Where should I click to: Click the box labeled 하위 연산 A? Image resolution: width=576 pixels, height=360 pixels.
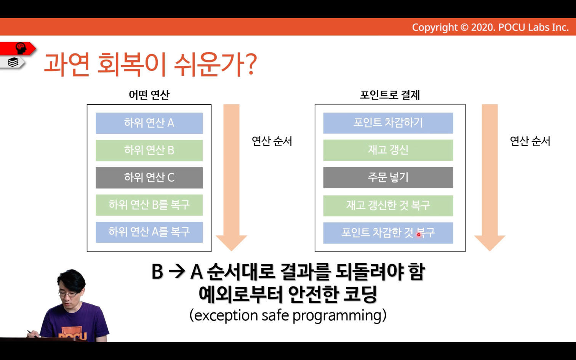(149, 123)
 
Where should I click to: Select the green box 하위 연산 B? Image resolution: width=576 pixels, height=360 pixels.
(149, 150)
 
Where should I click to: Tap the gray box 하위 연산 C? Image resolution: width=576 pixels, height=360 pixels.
(149, 178)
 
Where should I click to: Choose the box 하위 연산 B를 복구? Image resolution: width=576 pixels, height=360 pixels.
(149, 205)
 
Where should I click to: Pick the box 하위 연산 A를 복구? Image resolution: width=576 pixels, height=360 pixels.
(149, 232)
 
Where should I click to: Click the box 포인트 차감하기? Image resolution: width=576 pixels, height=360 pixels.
(388, 123)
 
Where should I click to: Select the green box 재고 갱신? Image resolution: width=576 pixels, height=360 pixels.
(388, 150)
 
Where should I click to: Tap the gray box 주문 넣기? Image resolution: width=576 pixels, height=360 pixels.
(388, 178)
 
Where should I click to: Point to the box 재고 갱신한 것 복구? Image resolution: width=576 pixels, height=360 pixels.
(388, 206)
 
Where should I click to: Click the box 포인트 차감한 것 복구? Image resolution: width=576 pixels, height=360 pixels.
(388, 233)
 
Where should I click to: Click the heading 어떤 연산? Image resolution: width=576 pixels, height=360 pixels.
(149, 95)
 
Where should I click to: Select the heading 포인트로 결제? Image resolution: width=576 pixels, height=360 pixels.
(390, 95)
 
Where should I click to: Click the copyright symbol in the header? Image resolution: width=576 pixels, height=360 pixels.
(464, 27)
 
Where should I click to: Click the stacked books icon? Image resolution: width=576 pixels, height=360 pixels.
(13, 62)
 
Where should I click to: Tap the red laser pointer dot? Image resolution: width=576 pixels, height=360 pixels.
(419, 235)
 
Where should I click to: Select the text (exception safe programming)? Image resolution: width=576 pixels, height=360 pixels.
(288, 315)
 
